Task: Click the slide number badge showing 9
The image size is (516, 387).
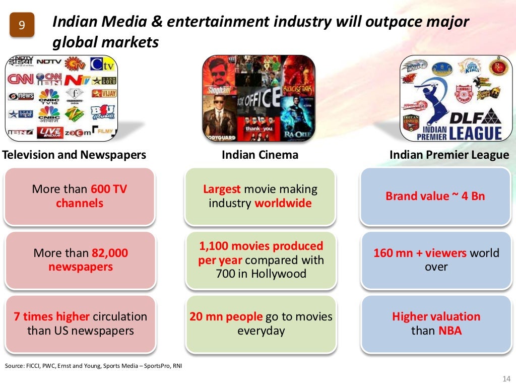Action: click(22, 25)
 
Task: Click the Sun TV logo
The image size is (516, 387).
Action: click(76, 64)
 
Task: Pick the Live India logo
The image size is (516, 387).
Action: click(51, 132)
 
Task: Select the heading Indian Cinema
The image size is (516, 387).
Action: click(260, 155)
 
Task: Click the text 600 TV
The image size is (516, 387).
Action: click(109, 189)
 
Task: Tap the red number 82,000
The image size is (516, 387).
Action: click(110, 253)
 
